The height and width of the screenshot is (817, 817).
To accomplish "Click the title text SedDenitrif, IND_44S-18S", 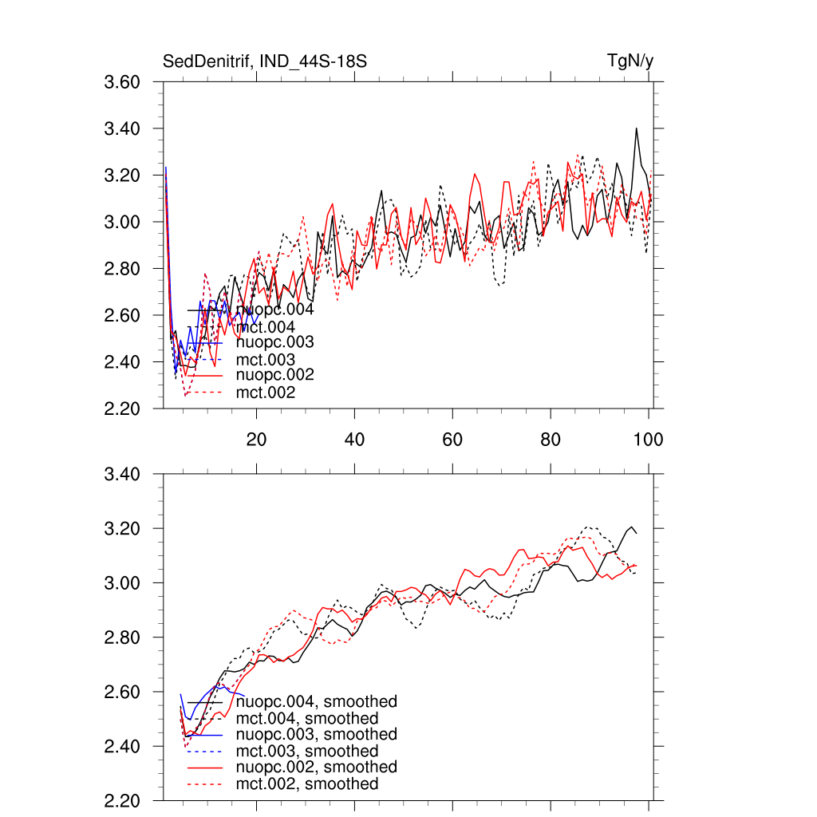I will (265, 61).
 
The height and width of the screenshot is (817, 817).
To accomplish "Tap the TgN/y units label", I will (630, 61).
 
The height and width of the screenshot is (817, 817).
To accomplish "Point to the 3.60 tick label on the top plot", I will (124, 82).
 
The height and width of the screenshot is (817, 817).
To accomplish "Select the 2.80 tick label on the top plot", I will (124, 269).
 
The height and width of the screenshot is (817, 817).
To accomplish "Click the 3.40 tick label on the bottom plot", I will (124, 475).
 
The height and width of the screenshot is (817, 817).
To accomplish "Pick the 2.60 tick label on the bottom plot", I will (124, 693).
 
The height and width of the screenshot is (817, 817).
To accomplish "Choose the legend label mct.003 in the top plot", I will (266, 360).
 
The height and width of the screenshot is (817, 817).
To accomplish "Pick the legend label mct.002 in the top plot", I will (266, 393).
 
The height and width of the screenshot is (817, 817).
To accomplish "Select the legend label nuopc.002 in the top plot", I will (274, 375).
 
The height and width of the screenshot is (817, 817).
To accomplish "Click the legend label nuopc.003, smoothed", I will (317, 734).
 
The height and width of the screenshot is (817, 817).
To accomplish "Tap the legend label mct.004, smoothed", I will (308, 719).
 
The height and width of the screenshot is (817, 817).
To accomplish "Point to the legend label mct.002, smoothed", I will (308, 784).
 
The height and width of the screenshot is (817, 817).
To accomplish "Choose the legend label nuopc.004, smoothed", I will (317, 702).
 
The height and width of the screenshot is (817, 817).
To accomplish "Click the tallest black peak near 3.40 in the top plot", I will (636, 128).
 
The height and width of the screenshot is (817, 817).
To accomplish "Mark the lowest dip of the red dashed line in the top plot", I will (185, 395).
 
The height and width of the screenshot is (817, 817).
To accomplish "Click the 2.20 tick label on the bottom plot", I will (124, 801).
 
